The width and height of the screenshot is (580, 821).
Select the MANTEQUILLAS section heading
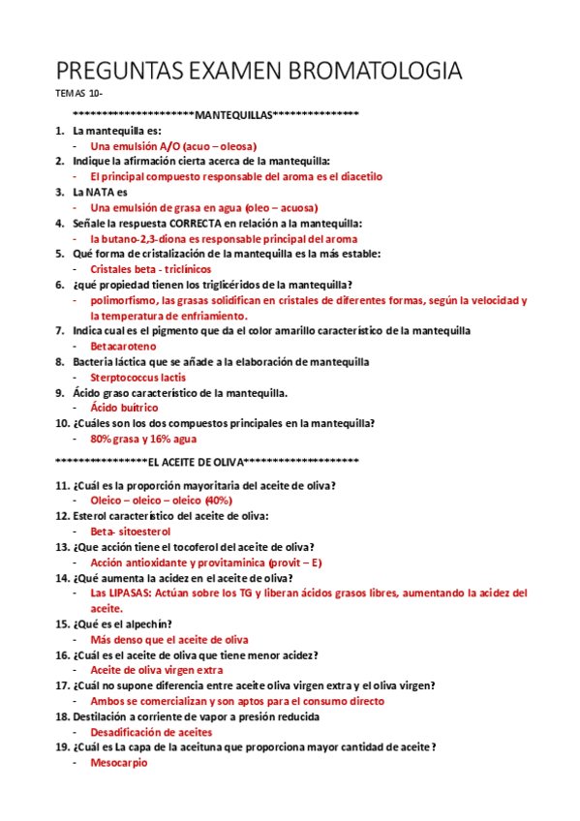pos(233,115)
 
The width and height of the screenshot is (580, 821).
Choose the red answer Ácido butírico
pos(124,408)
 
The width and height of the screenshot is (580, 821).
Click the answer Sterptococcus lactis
pos(138,377)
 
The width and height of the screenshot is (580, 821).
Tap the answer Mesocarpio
pos(119,763)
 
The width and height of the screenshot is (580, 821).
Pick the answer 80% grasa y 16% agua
pos(143,439)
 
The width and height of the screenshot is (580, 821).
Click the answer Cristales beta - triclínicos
pos(150,268)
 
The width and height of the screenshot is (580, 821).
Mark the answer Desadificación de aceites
pos(150,732)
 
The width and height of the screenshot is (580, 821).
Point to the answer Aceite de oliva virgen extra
pos(157,670)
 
